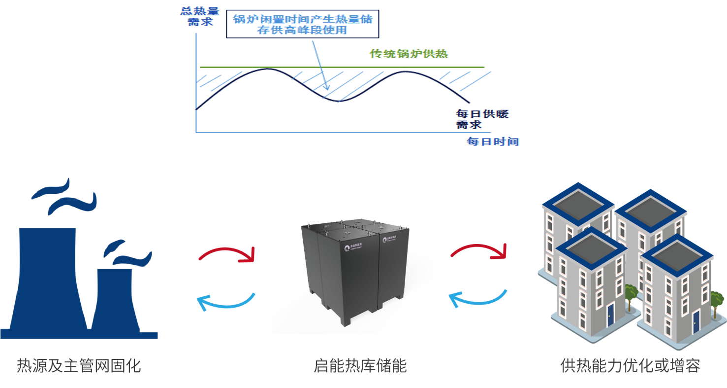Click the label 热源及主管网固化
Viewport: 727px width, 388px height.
[79, 366]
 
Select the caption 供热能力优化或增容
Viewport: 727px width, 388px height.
[630, 366]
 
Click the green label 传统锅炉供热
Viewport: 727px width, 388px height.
[409, 54]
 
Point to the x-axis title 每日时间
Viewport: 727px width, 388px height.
[492, 142]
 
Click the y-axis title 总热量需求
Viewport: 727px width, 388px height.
[200, 16]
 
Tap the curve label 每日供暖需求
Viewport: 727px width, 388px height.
[482, 119]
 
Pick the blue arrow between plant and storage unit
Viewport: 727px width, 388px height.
[226, 302]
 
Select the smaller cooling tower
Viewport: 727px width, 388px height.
[115, 301]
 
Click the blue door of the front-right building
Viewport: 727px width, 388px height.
[695, 320]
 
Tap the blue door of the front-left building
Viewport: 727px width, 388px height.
[610, 312]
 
